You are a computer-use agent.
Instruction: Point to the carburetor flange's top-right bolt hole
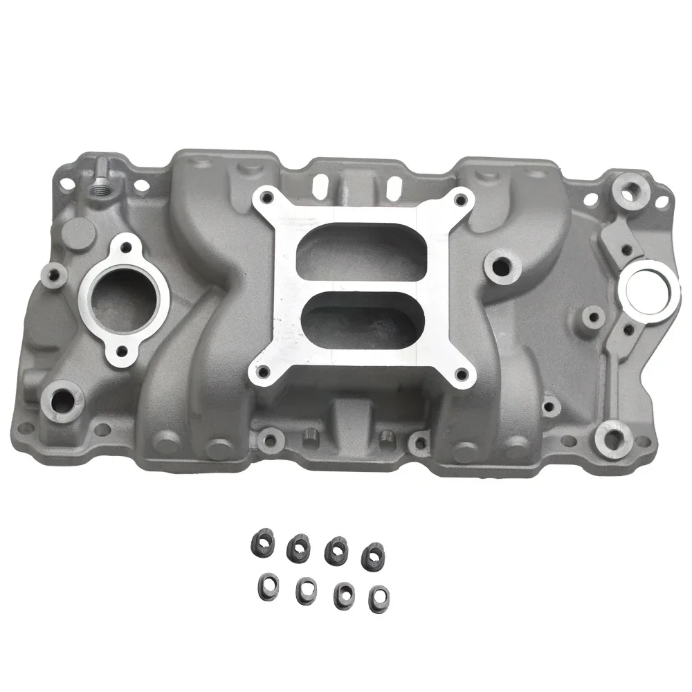(x=457, y=201)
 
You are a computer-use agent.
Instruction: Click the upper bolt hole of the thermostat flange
(x=127, y=245)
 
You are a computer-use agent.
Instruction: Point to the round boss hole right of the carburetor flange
(x=497, y=264)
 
